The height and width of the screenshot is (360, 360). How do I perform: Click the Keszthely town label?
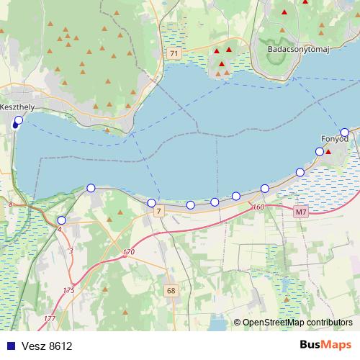pos(17,107)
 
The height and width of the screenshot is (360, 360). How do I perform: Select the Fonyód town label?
pos(333,139)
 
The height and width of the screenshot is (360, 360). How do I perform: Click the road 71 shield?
pos(175,54)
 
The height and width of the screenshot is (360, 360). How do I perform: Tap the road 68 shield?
pos(171,291)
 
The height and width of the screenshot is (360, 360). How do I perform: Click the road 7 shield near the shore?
pos(159,210)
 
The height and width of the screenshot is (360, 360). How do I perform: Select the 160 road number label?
pos(259,207)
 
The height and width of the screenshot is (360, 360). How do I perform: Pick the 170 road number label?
pos(129,252)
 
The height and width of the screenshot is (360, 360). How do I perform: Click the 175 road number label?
pos(68,290)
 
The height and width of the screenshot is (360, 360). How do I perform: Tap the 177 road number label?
pos(49,318)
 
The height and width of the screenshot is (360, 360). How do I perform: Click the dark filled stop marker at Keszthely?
pos(15,125)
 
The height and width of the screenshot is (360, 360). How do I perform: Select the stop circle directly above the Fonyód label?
pos(345,132)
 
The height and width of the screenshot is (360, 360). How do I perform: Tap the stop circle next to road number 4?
pos(61,220)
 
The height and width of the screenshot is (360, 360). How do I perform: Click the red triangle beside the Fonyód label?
pos(328,152)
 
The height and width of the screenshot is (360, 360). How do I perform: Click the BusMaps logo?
pos(325,345)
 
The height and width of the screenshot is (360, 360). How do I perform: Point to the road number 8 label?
pos(12,205)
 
